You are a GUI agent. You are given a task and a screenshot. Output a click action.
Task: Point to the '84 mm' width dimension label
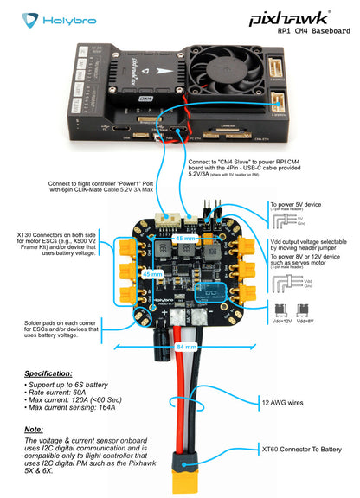(x=178, y=347)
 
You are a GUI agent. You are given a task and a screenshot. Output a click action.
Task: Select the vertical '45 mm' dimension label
(x=152, y=272)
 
